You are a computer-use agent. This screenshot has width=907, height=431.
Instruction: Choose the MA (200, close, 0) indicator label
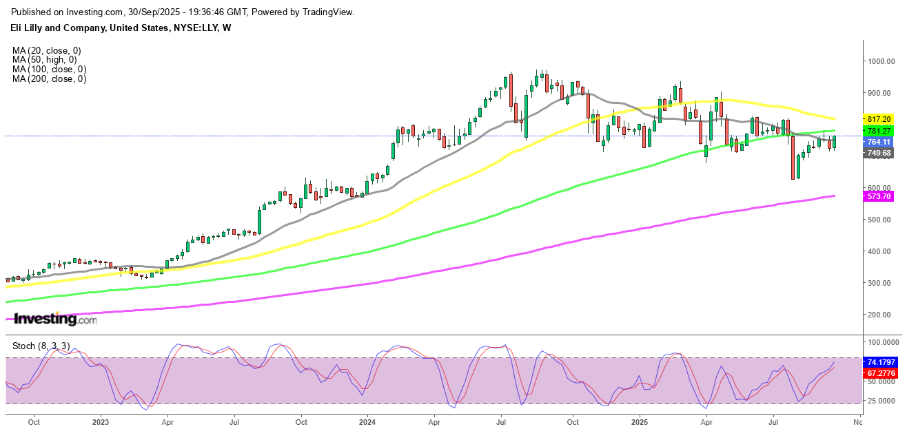coord(48,79)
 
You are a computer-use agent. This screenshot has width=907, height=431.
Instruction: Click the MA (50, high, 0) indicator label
coord(45,60)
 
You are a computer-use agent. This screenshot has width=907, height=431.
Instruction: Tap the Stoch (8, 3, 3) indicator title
coord(39,345)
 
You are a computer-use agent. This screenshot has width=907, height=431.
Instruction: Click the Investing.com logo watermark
coord(55,319)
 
